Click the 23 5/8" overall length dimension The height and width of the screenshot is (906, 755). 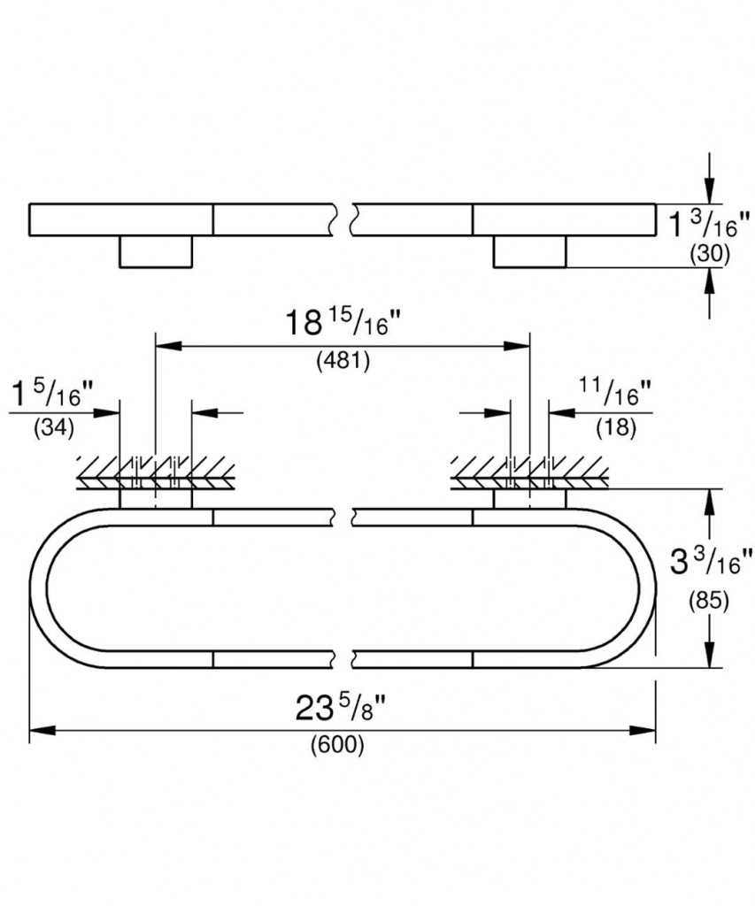pos(341,709)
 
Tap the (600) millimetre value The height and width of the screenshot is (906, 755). pos(337,745)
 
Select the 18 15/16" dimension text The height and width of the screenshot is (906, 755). pos(344,322)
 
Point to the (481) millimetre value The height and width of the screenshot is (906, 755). pos(343,361)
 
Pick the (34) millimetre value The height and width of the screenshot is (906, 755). pos(54,428)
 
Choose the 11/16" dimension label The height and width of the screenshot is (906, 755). pos(615,394)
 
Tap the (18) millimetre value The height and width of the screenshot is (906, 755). pos(616,428)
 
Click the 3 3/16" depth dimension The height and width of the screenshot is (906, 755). pos(712,562)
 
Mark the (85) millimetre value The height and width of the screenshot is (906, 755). pos(709,602)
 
